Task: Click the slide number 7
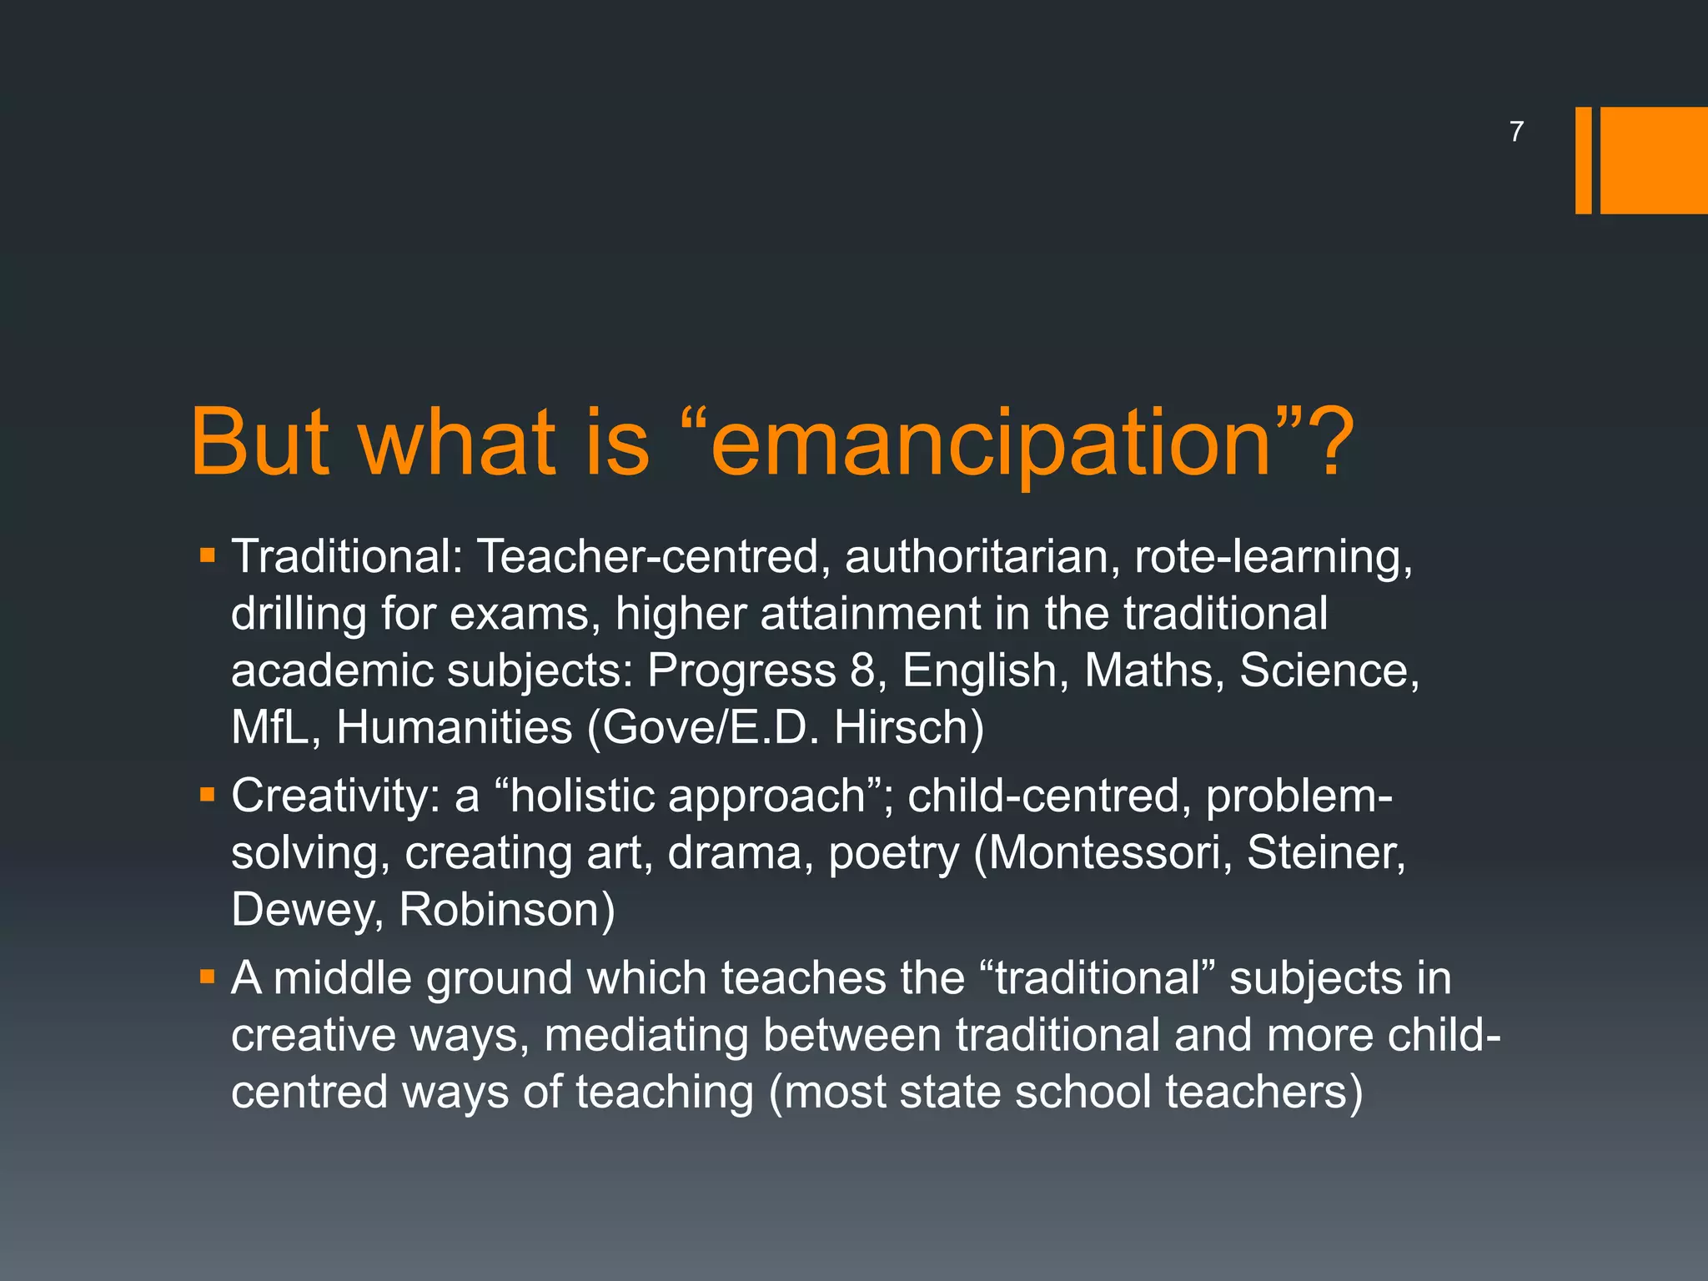(1516, 132)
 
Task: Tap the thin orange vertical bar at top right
(1583, 160)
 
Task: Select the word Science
(1329, 671)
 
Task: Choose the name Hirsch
(909, 727)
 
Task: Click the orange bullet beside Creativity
(208, 795)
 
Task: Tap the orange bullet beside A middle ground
(208, 976)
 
